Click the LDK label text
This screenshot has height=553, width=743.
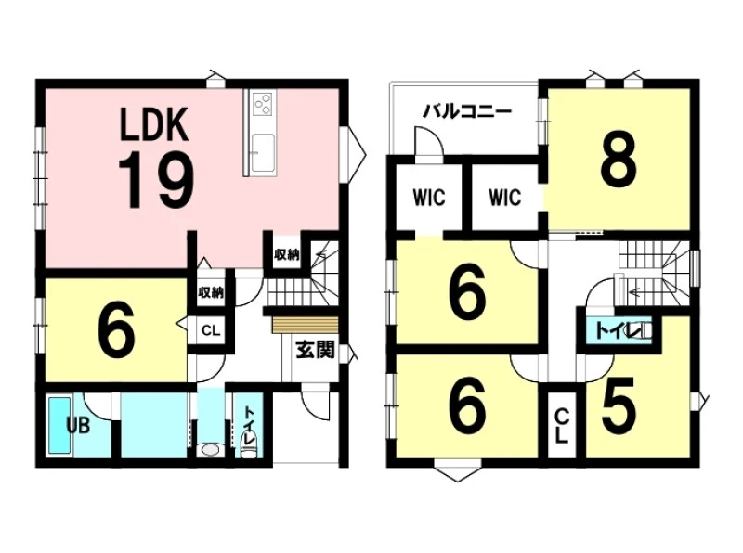tap(155, 124)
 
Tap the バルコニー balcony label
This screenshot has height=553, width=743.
tap(466, 111)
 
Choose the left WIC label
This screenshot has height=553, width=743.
tap(428, 198)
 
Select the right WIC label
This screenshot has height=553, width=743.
tap(504, 198)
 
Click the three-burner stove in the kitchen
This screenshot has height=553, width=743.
tap(262, 104)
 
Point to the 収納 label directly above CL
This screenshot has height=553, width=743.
tap(210, 292)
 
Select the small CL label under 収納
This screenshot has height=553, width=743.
tap(210, 329)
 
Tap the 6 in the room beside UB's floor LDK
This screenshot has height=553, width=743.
tap(114, 329)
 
